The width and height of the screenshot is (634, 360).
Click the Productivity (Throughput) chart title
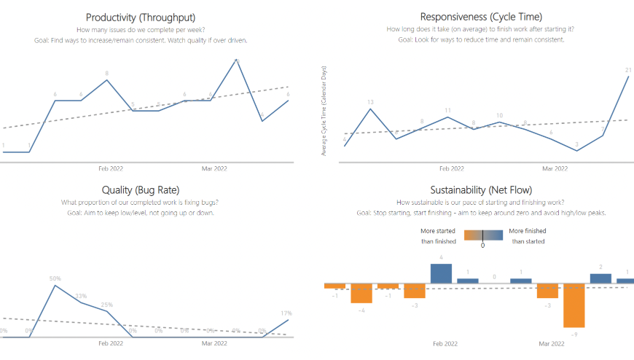(x=140, y=17)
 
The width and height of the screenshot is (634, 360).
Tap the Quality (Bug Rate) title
(x=140, y=190)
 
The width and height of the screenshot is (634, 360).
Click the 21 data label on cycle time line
(x=628, y=70)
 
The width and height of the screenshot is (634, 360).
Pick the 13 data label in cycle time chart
(x=371, y=102)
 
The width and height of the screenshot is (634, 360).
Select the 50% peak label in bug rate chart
(x=55, y=278)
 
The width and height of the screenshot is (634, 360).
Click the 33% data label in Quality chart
(x=81, y=296)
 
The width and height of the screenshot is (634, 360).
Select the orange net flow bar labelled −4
(x=361, y=293)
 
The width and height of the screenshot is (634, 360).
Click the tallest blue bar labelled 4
(x=442, y=273)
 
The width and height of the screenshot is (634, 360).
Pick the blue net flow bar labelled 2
(x=600, y=278)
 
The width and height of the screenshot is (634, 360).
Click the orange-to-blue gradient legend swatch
(x=483, y=235)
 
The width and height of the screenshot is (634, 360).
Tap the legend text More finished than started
(x=527, y=235)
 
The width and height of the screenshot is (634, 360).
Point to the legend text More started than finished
(x=439, y=235)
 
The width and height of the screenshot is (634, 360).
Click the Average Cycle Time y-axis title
(x=324, y=109)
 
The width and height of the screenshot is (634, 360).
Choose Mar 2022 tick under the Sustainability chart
(x=552, y=343)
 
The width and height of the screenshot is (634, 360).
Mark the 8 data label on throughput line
(x=107, y=73)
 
